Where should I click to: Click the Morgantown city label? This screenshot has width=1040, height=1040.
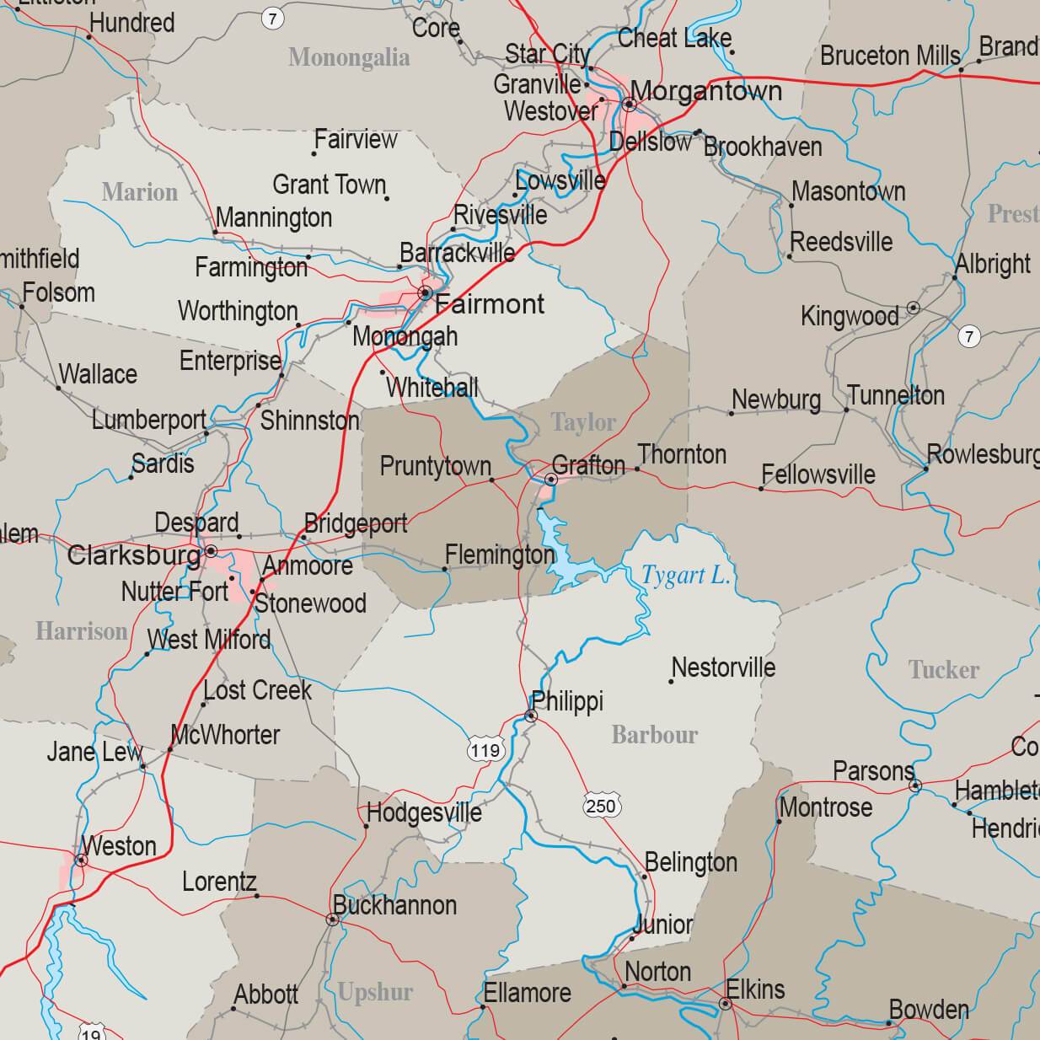[706, 91]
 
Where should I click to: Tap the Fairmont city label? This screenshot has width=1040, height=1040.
[490, 304]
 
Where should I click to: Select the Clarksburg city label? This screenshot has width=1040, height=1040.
[134, 555]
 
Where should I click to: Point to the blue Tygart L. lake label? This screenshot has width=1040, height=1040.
[685, 576]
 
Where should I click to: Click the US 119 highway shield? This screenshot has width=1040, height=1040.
[485, 750]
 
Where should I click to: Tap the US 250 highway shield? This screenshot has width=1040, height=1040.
[601, 807]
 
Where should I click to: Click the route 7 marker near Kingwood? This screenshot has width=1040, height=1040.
[969, 337]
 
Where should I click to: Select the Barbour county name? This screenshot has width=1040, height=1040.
[655, 735]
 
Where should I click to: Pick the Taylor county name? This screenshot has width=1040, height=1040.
[584, 422]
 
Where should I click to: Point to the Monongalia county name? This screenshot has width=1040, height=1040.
[349, 57]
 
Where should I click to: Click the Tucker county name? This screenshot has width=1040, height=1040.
[944, 670]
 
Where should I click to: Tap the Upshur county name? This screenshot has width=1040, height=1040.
[375, 992]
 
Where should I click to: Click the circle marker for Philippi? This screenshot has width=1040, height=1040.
[531, 716]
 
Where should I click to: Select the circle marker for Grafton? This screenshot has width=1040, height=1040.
[550, 480]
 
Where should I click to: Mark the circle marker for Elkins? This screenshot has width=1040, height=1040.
[725, 1004]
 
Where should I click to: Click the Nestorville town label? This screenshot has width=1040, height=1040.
[724, 667]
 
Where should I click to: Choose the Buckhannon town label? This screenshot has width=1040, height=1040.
[394, 905]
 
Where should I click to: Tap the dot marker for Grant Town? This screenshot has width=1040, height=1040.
[387, 198]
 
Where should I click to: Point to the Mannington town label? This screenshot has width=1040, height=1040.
[274, 218]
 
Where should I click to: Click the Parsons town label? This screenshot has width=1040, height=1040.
[873, 771]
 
